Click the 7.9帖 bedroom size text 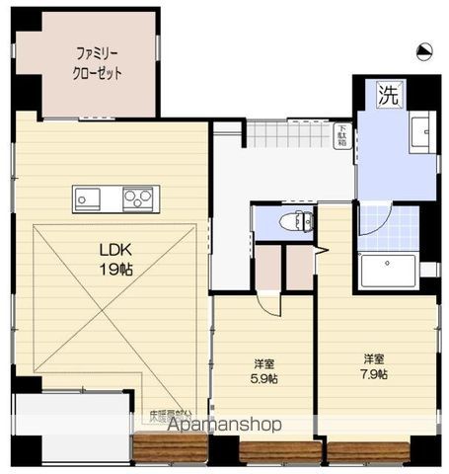pos(373,374)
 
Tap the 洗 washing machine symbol pos(388,97)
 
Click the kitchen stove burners pos(138,198)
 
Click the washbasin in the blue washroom pos(422,131)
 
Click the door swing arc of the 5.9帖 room pos(268,303)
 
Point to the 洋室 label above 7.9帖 pos(373,358)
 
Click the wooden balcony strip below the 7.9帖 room pos(367,451)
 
